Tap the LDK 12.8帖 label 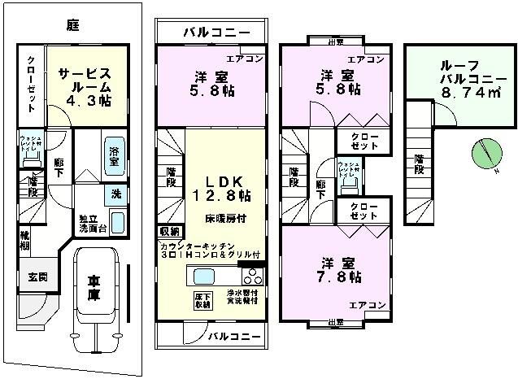tap(221, 187)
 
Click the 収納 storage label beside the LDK tap(170, 232)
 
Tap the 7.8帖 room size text tap(340, 277)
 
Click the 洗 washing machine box tap(117, 195)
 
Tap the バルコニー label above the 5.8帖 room tap(211, 33)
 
